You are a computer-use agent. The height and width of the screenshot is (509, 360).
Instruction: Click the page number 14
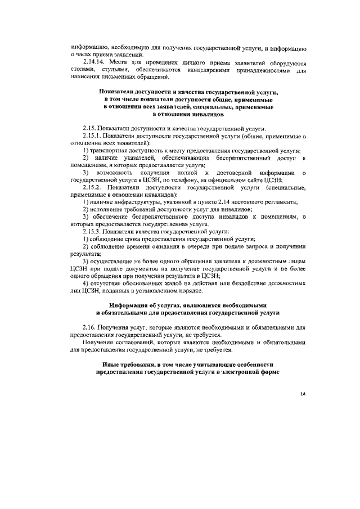302,393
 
